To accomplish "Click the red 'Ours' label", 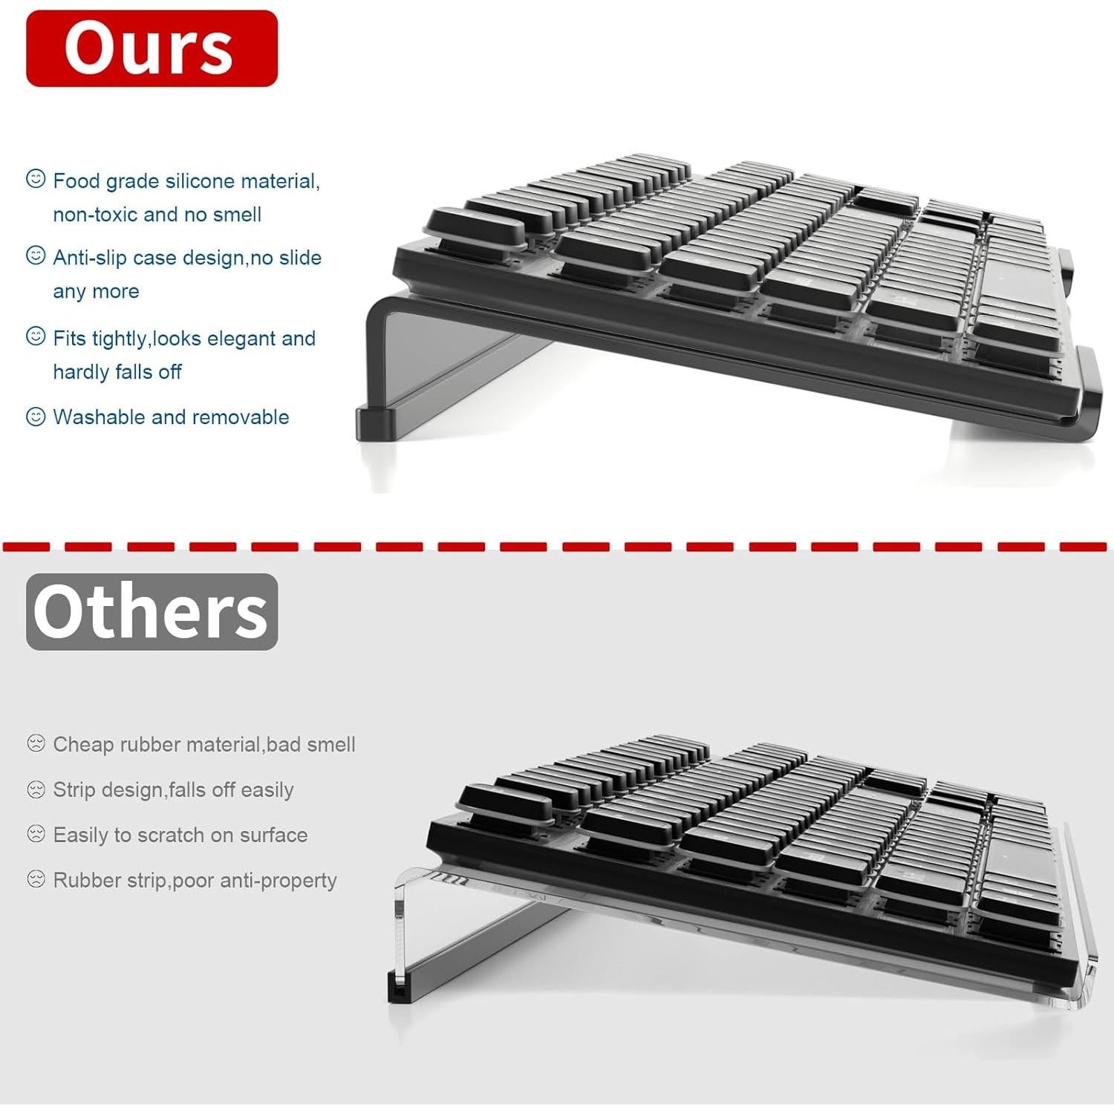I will (152, 48).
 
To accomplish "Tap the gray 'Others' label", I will (152, 612).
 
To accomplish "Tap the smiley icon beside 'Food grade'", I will (36, 179).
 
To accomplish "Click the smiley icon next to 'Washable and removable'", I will (36, 417).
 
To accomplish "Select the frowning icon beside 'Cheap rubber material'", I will (36, 743).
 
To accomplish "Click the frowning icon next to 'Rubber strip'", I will (36, 879).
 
